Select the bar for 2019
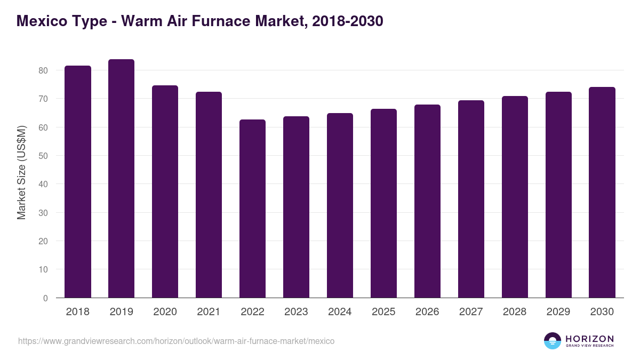tap(121, 179)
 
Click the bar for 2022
tap(252, 209)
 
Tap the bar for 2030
tap(602, 193)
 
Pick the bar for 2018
tap(78, 182)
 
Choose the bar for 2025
tap(383, 203)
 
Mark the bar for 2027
tap(471, 199)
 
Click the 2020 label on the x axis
tap(165, 312)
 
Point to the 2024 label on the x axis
tap(340, 312)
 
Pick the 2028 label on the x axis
tap(515, 312)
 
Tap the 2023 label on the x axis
tap(296, 312)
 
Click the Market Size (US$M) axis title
tap(21, 172)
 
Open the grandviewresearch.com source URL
tap(176, 341)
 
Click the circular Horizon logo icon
tap(553, 341)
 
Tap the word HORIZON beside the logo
tap(589, 338)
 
